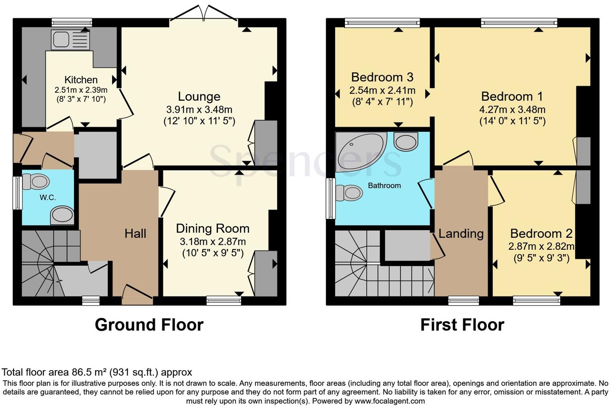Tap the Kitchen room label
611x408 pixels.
[x=81, y=80]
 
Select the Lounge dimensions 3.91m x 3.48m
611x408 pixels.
[x=199, y=109]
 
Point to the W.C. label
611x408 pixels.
[x=47, y=198]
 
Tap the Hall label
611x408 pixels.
[x=135, y=233]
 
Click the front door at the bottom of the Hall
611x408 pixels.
[x=137, y=295]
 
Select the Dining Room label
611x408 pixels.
[x=213, y=228]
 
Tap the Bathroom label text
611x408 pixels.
[x=384, y=186]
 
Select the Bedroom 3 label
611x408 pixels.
[x=382, y=77]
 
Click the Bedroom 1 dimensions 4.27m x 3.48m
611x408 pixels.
[x=512, y=109]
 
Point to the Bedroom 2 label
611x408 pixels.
[x=541, y=233]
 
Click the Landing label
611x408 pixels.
[x=461, y=233]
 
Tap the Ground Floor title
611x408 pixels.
[x=149, y=324]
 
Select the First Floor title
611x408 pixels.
[x=462, y=324]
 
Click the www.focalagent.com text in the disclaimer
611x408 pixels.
[x=390, y=401]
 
